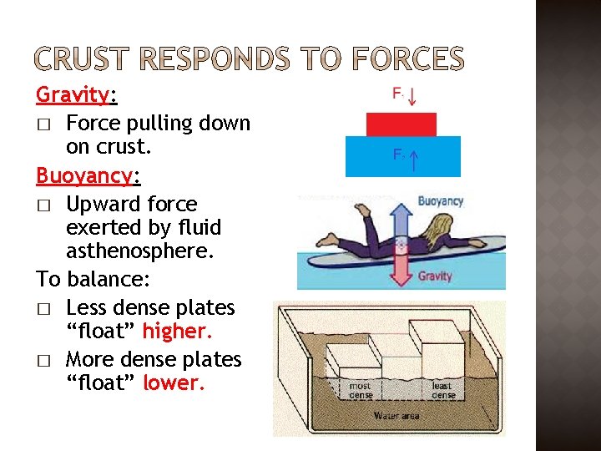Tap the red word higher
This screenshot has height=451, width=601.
[x=177, y=332]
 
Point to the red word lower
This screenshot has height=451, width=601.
[x=173, y=383]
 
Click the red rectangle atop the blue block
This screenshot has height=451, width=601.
[x=402, y=124]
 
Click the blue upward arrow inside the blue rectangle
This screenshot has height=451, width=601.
[x=414, y=159]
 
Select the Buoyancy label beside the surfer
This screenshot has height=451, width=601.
[x=440, y=201]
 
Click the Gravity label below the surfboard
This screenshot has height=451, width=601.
[x=435, y=276]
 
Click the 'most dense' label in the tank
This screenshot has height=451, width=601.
[x=361, y=390]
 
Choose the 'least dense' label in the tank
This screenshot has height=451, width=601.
[x=442, y=390]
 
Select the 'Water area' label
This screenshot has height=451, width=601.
[x=396, y=415]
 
